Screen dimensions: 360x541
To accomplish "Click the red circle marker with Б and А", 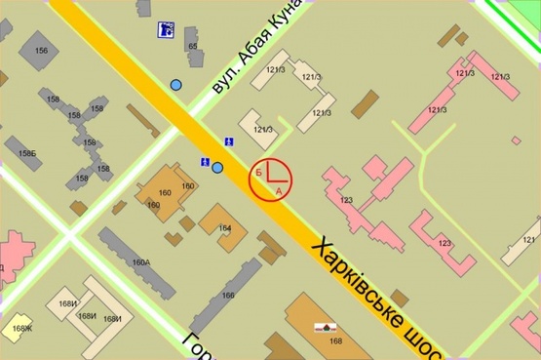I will [270, 178].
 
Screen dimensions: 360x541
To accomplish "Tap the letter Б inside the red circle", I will [258, 172].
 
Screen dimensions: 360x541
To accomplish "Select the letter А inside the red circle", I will [280, 191].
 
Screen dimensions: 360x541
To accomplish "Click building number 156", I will [41, 50].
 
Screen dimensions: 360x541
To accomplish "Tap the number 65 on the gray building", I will [192, 46].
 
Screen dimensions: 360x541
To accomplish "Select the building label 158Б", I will [26, 154].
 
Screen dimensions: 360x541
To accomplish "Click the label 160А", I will [141, 261].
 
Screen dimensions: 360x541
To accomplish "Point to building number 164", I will [225, 228].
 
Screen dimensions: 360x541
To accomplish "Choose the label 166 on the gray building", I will [228, 295].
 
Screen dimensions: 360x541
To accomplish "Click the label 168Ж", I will [22, 328].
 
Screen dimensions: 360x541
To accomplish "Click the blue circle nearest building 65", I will [176, 85].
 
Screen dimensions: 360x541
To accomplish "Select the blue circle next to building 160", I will [217, 168].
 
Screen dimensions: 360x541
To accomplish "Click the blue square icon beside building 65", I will [166, 31].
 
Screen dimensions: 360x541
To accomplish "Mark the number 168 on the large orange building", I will [336, 340].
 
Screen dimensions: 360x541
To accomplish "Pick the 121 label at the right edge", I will [529, 239].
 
